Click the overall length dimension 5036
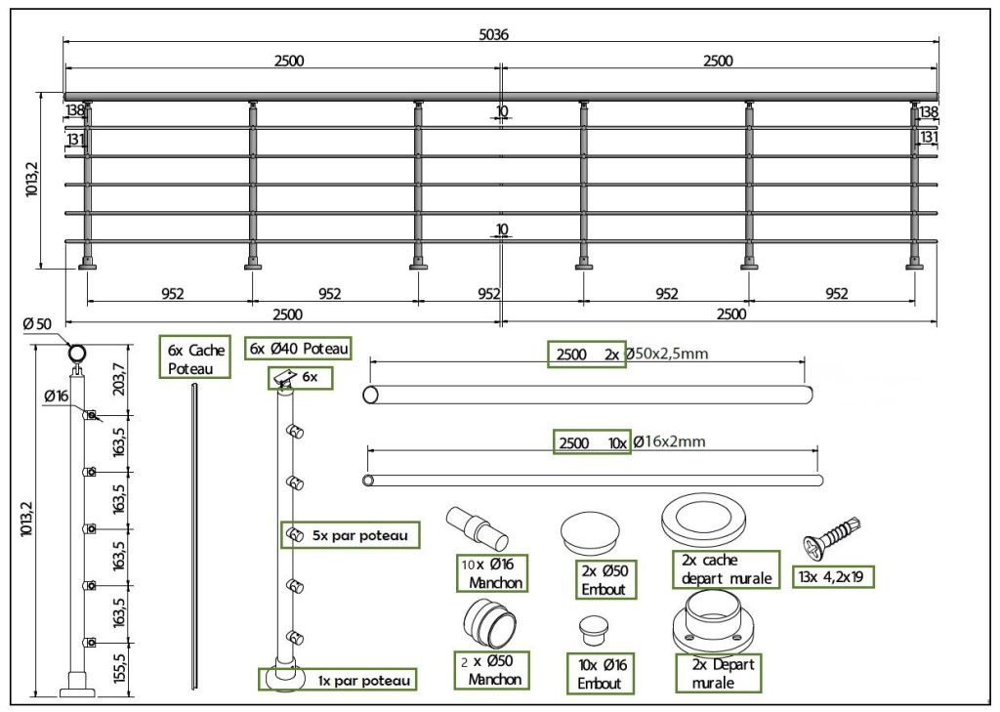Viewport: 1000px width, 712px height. pos(494,34)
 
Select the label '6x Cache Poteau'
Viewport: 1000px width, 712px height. pos(196,358)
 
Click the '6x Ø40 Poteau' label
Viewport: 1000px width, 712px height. pos(299,349)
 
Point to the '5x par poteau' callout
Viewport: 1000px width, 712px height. pos(351,535)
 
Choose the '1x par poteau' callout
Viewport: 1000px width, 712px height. pos(337,679)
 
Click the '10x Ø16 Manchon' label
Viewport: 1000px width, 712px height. pos(493,573)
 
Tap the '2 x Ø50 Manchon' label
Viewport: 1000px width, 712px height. pos(493,669)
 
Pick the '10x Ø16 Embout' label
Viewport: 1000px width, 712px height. pos(600,674)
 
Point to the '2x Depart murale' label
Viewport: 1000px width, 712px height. pos(719,672)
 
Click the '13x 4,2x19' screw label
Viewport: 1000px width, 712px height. pos(835,576)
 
